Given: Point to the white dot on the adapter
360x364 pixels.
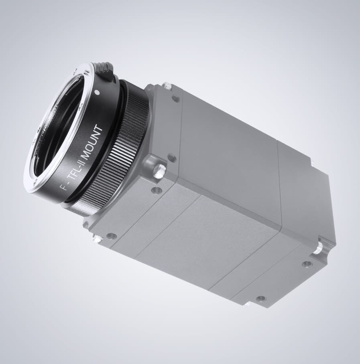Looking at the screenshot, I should coord(97,92).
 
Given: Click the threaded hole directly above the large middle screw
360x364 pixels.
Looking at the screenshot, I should coord(172,157).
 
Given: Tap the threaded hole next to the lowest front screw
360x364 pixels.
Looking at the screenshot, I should coord(112,236).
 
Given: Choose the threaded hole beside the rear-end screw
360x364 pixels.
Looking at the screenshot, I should coord(307,264).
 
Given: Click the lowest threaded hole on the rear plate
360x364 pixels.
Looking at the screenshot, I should coord(261,299).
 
